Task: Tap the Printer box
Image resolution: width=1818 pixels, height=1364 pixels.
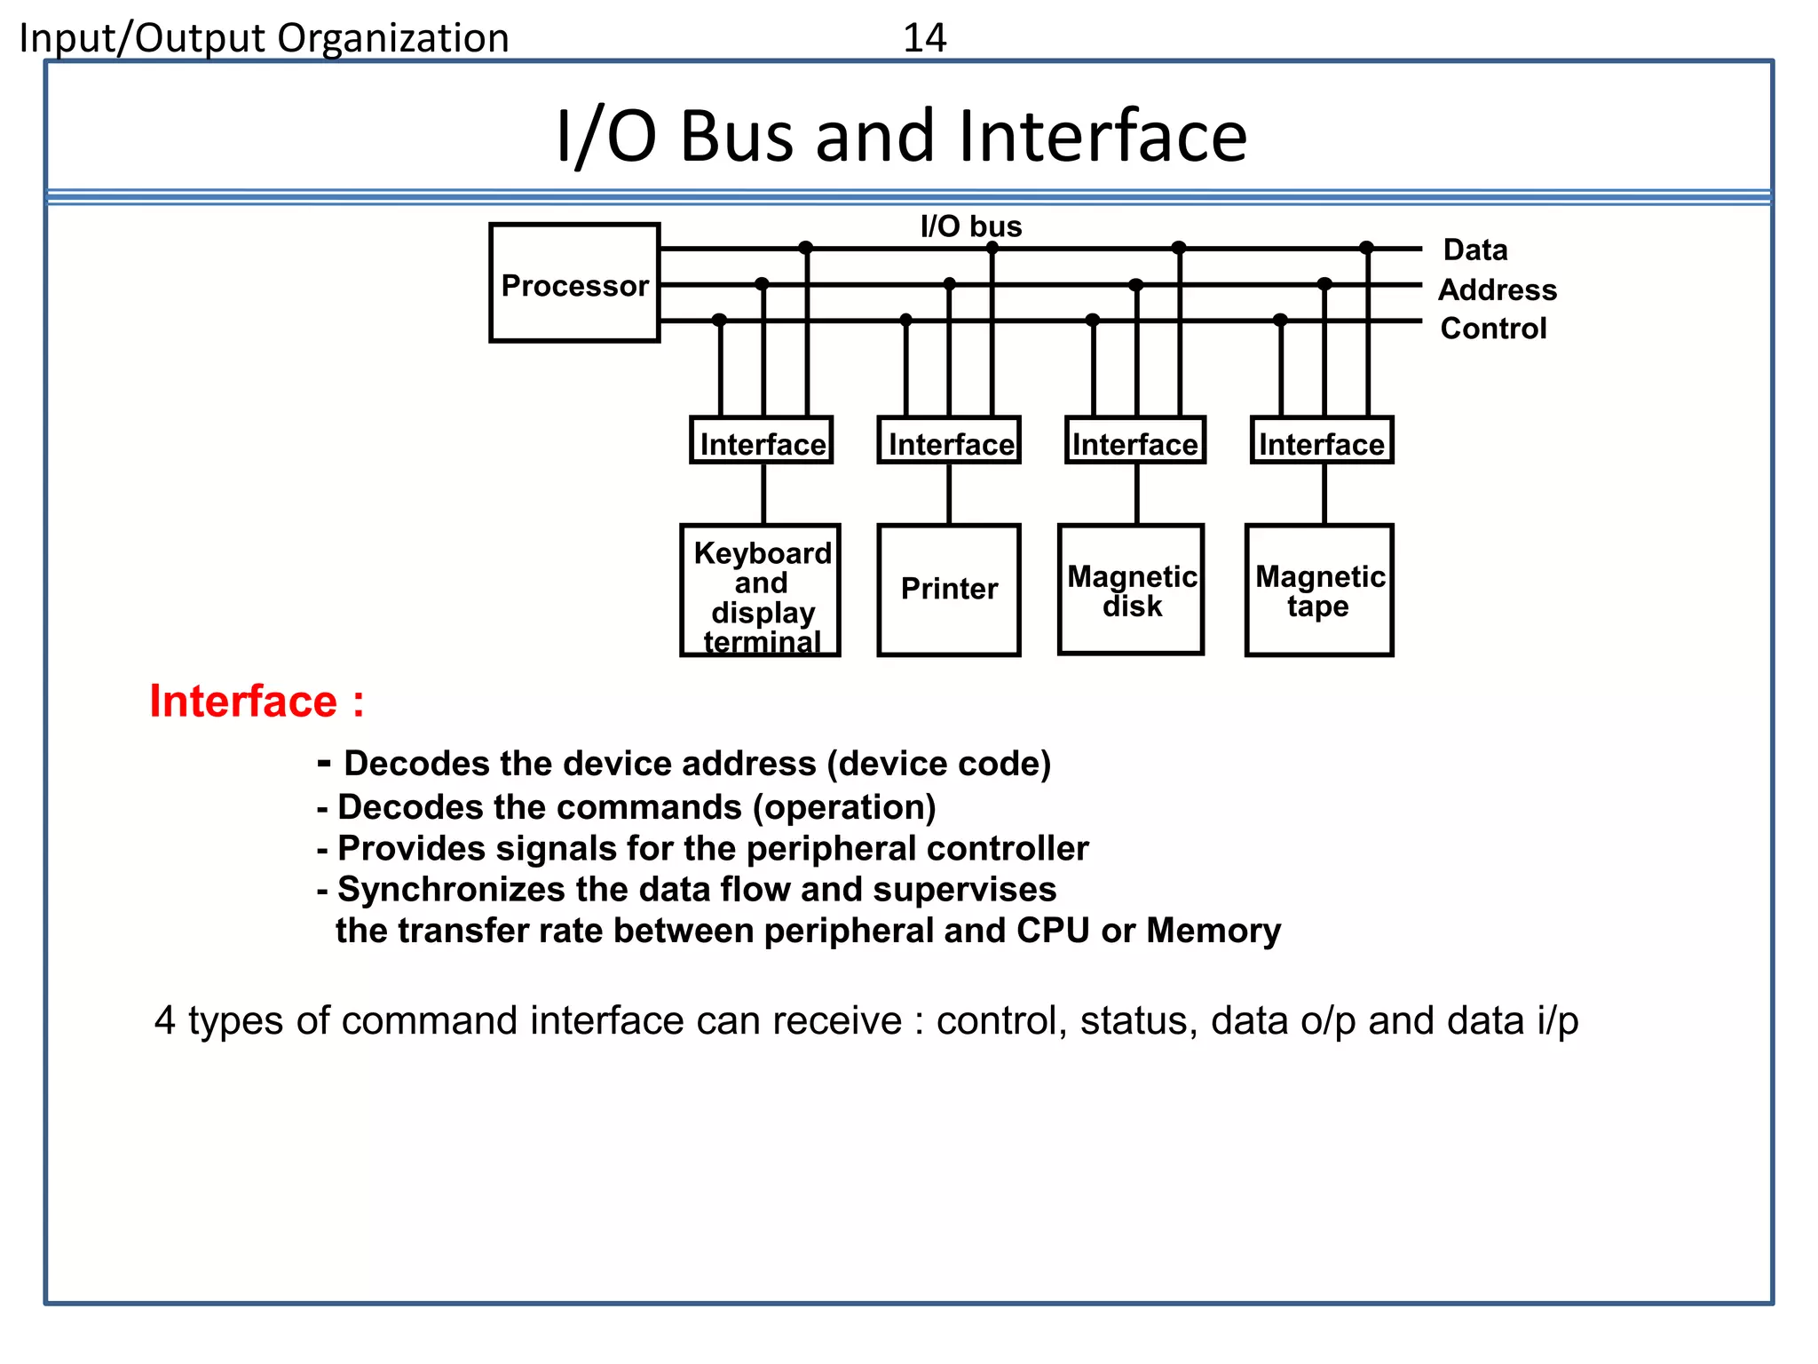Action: click(948, 590)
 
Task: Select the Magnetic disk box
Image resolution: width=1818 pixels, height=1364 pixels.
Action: click(1131, 590)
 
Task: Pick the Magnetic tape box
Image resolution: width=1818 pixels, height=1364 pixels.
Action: click(1319, 590)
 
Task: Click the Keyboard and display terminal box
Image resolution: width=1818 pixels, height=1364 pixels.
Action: click(760, 590)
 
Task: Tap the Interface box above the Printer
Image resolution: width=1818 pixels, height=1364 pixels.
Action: click(949, 441)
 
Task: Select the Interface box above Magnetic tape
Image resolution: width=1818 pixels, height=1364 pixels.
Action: click(1322, 441)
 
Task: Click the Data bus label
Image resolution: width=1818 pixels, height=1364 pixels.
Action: click(1474, 250)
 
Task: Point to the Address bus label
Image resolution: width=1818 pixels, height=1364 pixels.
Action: click(1497, 290)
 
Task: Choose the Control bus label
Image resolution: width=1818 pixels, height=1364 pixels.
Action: click(1493, 329)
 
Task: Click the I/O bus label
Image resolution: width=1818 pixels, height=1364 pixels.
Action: click(971, 226)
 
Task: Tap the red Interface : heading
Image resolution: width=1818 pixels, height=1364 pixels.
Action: click(256, 702)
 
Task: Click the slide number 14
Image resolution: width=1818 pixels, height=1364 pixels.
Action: click(924, 38)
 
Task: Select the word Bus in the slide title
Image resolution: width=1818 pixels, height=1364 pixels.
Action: click(736, 137)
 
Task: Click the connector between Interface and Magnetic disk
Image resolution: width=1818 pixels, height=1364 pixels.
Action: click(1136, 494)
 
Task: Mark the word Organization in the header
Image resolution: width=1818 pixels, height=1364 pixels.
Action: click(393, 38)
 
